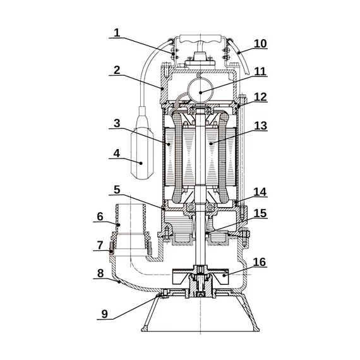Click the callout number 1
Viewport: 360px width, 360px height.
117,33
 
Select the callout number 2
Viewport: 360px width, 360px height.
117,70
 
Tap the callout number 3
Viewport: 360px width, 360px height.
117,123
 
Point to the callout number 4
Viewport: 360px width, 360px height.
117,153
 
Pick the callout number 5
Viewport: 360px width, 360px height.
117,190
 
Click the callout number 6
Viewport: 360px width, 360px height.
100,217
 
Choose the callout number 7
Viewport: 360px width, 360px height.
100,245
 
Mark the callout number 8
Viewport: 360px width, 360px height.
100,273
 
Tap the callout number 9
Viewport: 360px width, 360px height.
104,314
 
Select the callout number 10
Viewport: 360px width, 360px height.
260,44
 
